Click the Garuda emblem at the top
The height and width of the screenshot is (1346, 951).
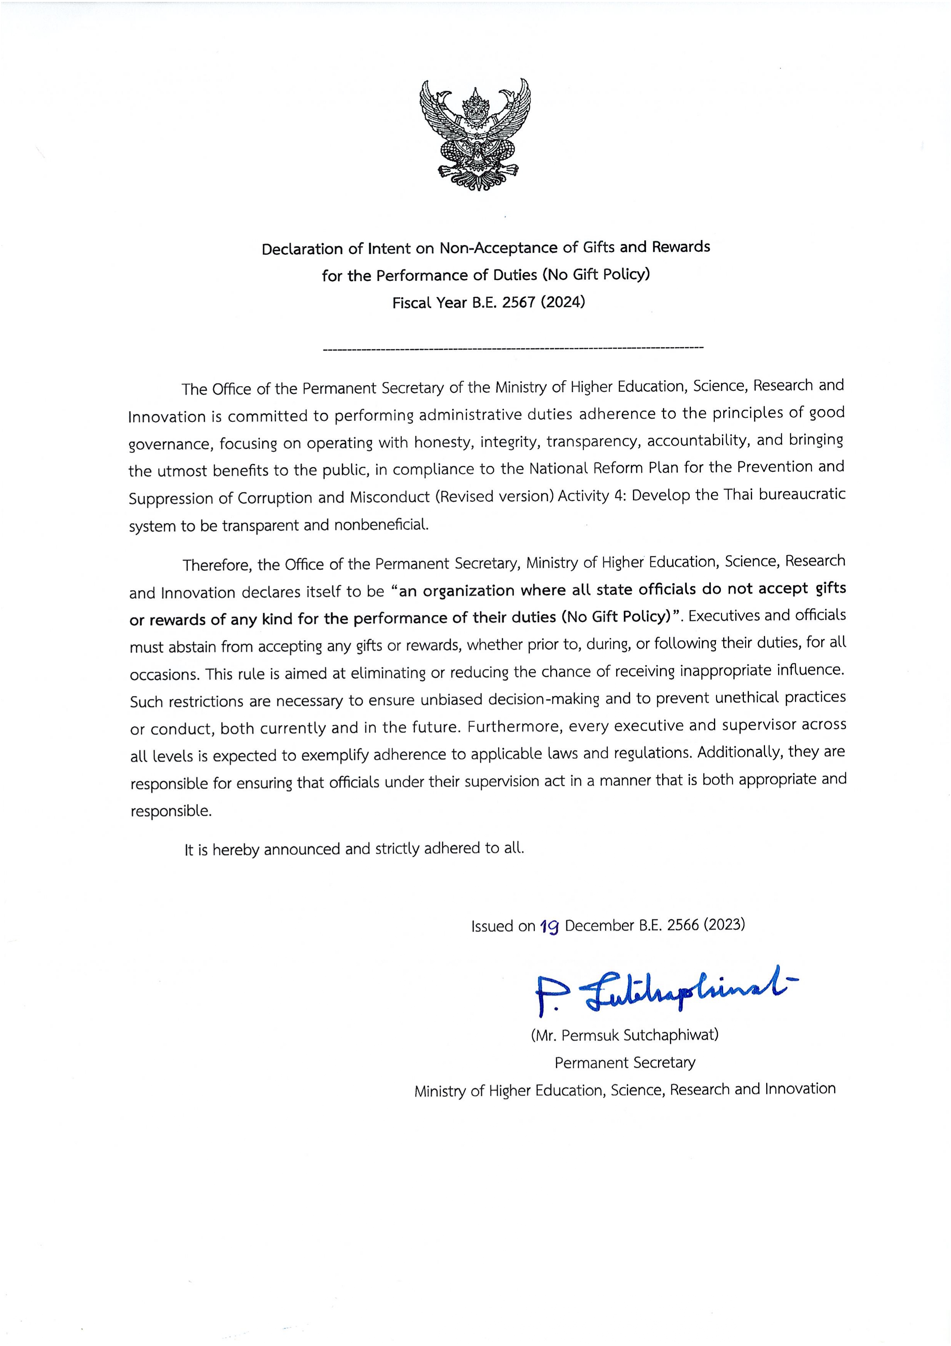pyautogui.click(x=475, y=135)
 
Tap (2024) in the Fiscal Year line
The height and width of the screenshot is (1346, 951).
pyautogui.click(x=563, y=303)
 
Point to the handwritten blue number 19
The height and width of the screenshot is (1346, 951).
pyautogui.click(x=550, y=926)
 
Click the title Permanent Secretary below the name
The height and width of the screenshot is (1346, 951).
pyautogui.click(x=625, y=1062)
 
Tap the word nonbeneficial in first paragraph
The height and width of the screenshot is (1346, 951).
pyautogui.click(x=381, y=525)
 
